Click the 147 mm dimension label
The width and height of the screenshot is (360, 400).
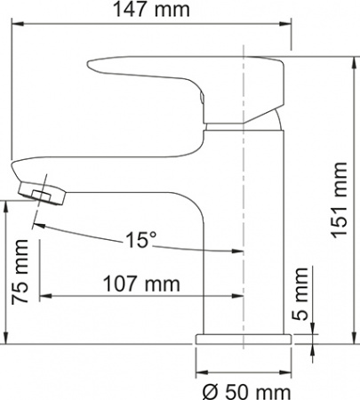click(x=154, y=12)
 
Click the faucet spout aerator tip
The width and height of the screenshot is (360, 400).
click(x=36, y=192)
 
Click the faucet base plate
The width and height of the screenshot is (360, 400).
click(x=244, y=340)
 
